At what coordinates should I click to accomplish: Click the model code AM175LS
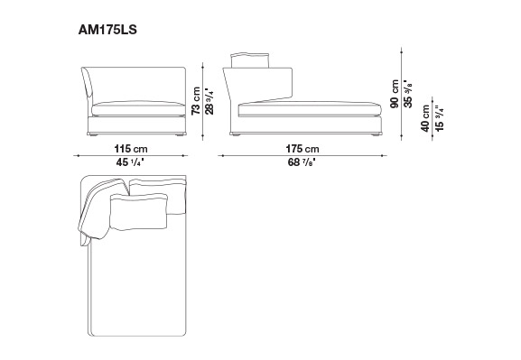click(x=107, y=30)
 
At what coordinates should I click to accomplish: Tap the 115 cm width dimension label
click(x=131, y=149)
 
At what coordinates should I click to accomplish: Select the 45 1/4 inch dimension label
click(x=130, y=162)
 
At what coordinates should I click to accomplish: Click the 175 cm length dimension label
click(x=302, y=149)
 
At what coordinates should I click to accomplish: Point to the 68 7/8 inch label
click(x=302, y=162)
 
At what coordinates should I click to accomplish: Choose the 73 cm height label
click(x=196, y=101)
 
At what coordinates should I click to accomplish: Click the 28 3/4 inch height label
click(x=209, y=101)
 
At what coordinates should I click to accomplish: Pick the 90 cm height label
click(x=395, y=94)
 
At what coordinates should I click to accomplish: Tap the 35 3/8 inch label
click(x=408, y=94)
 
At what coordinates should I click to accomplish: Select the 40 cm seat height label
click(x=425, y=118)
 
